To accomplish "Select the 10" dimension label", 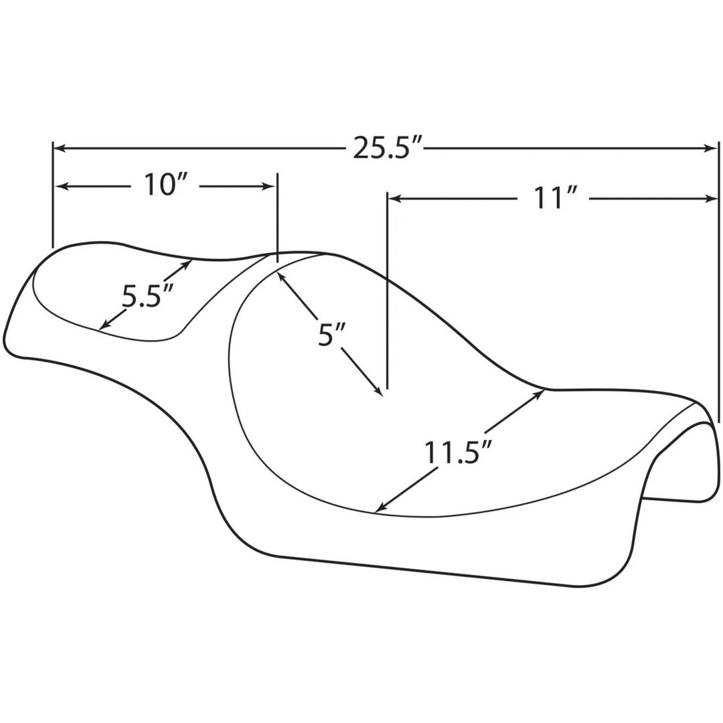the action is [164, 185].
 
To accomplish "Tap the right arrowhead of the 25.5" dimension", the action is [712, 148].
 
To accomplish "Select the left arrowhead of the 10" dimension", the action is [62, 187].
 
